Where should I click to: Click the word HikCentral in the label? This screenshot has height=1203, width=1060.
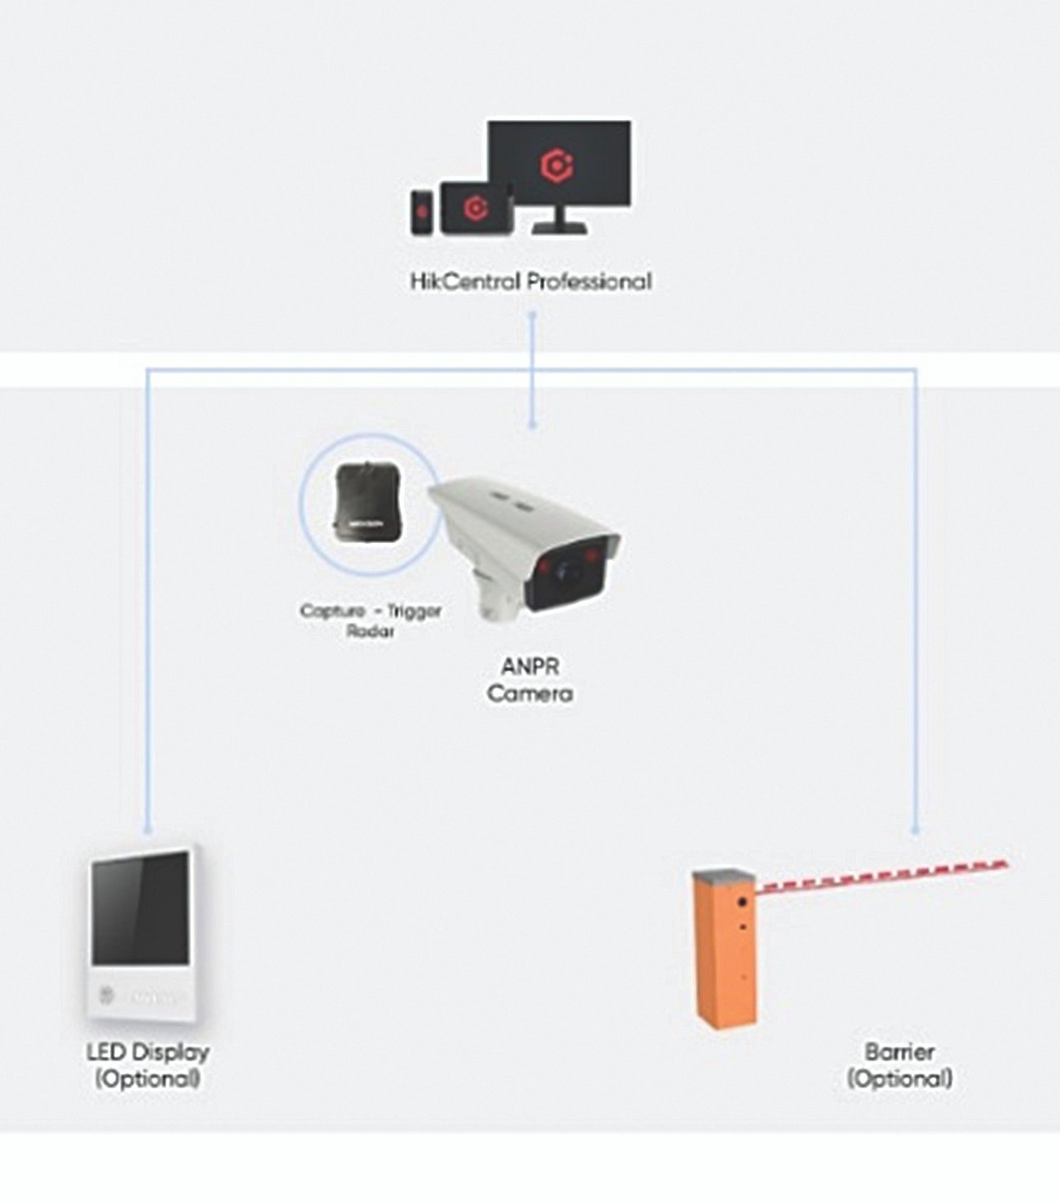(465, 281)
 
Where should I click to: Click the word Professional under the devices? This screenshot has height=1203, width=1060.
(589, 281)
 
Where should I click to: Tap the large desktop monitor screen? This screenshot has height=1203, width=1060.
(559, 164)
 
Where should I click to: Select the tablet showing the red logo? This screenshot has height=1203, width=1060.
(476, 207)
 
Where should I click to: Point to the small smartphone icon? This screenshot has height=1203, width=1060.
(421, 212)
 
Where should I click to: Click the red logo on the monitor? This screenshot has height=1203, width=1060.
(557, 164)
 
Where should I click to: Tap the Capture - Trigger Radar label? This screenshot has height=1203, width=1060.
(370, 620)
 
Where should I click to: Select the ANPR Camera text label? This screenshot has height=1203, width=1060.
(530, 679)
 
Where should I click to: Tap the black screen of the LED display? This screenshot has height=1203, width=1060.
(141, 908)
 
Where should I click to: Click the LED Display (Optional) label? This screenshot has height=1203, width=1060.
(148, 1065)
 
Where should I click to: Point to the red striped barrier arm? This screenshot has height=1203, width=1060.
(881, 877)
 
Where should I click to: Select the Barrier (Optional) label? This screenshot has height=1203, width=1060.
(900, 1065)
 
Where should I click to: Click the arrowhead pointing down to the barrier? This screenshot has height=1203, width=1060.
(915, 831)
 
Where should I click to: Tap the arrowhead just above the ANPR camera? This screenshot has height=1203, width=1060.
(532, 425)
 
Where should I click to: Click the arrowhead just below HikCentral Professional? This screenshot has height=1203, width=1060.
(532, 315)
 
